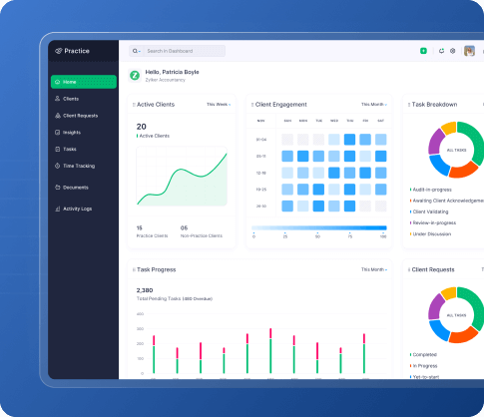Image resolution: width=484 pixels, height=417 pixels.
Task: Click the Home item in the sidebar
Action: pyautogui.click(x=83, y=81)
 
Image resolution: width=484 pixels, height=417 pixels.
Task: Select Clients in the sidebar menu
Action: pyautogui.click(x=72, y=99)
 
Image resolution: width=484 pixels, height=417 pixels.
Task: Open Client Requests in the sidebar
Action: pyautogui.click(x=81, y=116)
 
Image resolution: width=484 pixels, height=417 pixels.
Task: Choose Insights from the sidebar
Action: pyautogui.click(x=73, y=132)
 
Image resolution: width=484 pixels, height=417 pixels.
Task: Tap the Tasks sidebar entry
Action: pyautogui.click(x=70, y=149)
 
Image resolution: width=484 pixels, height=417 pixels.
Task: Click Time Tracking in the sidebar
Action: pyautogui.click(x=80, y=166)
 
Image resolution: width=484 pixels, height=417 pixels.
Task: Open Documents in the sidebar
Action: pyautogui.click(x=76, y=187)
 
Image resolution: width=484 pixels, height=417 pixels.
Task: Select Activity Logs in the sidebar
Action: pyautogui.click(x=77, y=208)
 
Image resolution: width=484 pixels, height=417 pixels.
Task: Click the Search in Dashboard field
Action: pyautogui.click(x=180, y=51)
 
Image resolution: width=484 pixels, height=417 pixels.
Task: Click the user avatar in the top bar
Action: pyautogui.click(x=469, y=51)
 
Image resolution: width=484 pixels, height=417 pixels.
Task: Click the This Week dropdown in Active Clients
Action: pyautogui.click(x=219, y=104)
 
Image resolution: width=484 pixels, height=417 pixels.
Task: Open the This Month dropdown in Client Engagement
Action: pyautogui.click(x=373, y=104)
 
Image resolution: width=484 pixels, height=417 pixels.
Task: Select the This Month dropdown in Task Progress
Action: pyautogui.click(x=373, y=269)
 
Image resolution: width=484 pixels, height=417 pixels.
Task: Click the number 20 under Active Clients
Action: pyautogui.click(x=141, y=127)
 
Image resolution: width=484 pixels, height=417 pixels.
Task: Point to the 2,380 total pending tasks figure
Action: pyautogui.click(x=145, y=291)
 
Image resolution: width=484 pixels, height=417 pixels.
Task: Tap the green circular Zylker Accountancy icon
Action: pyautogui.click(x=135, y=75)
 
